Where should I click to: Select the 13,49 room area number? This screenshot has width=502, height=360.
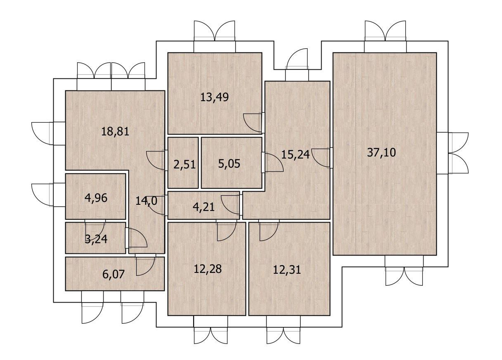tap(214, 97)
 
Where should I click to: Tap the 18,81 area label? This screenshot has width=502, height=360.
tap(115, 131)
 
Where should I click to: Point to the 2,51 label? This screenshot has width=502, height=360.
tap(185, 165)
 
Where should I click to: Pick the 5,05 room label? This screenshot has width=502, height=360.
tap(229, 163)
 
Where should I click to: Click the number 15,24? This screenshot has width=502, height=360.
tap(295, 154)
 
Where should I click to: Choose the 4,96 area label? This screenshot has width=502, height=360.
tap(96, 198)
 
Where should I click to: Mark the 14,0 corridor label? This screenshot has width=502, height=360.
tap(146, 201)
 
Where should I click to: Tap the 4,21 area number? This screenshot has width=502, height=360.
tap(204, 207)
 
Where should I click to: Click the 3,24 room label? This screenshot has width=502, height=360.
tap(96, 239)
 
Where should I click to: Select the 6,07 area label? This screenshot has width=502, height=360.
tap(114, 274)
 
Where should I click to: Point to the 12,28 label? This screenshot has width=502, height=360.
tap(208, 269)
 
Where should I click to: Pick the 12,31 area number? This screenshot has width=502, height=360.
tap(287, 270)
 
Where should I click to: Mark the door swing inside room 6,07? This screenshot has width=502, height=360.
tap(148, 269)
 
